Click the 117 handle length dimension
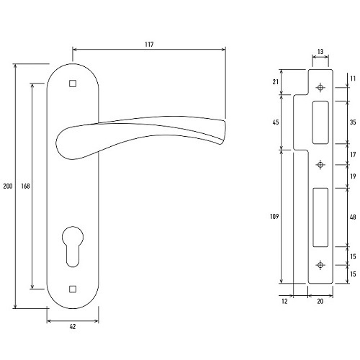coord(149,45)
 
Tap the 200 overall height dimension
coord(8,186)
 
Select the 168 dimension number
coord(25,186)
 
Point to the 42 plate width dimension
coord(73,326)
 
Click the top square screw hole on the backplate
coord(73,84)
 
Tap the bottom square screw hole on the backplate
coord(73,289)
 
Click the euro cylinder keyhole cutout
coord(73,246)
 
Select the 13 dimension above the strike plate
coord(320,52)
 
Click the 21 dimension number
coord(276,82)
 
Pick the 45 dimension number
coord(276,122)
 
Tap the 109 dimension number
coord(274,217)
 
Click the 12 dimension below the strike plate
coord(284,301)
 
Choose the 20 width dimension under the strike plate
coord(320,301)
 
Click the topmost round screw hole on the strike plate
coord(320,88)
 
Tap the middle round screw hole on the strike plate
coord(320,165)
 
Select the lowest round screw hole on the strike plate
coord(320,265)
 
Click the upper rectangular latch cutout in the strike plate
coord(320,122)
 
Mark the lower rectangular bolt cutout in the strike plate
coord(320,217)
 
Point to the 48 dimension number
coord(353,217)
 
